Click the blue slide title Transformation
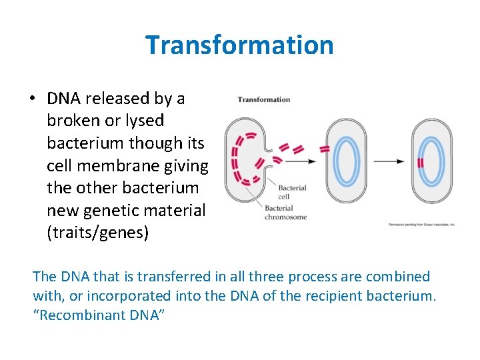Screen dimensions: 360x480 coord(239,45)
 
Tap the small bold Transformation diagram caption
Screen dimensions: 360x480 coord(264,100)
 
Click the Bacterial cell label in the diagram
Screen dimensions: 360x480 coord(292,192)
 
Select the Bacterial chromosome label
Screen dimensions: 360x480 coord(285,212)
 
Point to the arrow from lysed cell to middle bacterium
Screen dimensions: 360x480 coord(299,161)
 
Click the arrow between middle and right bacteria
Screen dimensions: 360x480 coord(389,161)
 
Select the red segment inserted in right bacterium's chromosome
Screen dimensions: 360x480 coord(421,162)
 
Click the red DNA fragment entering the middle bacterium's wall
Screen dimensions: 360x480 coord(325,149)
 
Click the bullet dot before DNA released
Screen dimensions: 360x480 coord(32,99)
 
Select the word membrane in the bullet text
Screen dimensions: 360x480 coord(118,165)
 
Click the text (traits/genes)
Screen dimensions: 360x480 coord(98,233)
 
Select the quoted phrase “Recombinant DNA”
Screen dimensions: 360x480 coord(98,315)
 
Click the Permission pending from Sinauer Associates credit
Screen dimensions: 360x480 coord(421,225)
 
